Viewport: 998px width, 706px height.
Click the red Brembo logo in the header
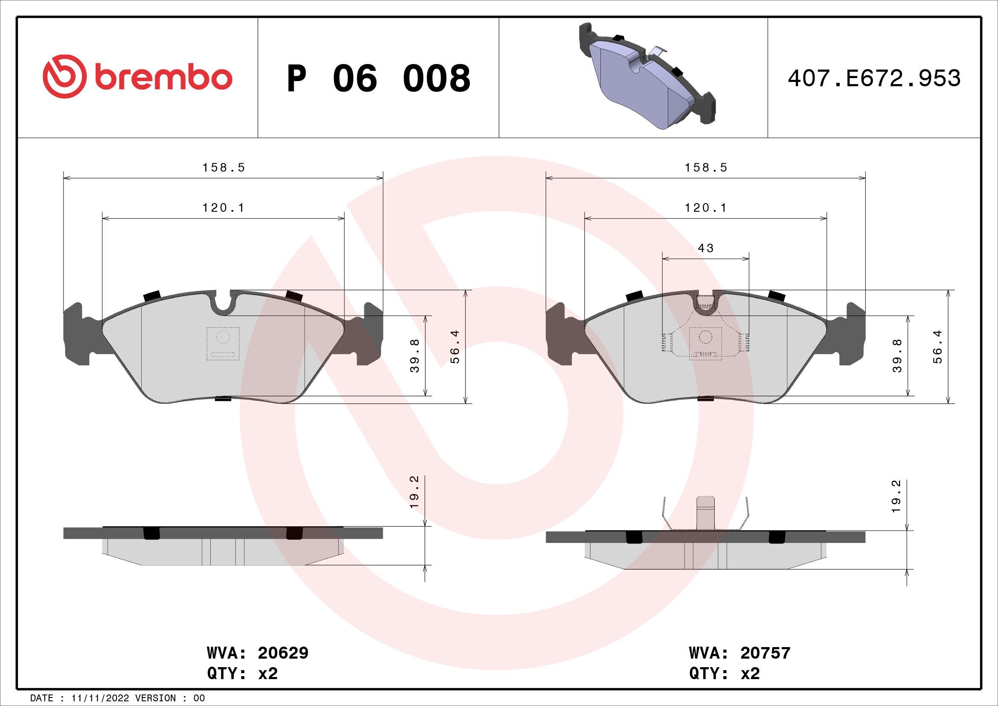click(137, 76)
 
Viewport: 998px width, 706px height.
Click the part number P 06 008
click(378, 78)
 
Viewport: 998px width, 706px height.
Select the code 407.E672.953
click(874, 78)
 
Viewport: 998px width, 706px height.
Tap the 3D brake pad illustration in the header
click(647, 76)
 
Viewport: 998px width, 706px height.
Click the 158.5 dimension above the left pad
click(224, 167)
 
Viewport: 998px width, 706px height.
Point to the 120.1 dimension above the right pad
click(706, 208)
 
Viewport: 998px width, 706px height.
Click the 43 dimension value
click(705, 248)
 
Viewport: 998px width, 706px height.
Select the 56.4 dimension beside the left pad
click(455, 347)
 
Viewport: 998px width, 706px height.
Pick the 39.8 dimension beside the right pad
click(897, 356)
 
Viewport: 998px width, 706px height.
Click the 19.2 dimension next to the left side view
click(414, 492)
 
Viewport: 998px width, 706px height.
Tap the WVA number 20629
click(283, 653)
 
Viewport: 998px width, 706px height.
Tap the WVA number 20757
click(765, 653)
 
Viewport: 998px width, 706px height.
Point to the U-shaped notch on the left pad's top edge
click(223, 304)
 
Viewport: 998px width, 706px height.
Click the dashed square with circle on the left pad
click(223, 344)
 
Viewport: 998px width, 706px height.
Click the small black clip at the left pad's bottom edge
click(223, 398)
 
